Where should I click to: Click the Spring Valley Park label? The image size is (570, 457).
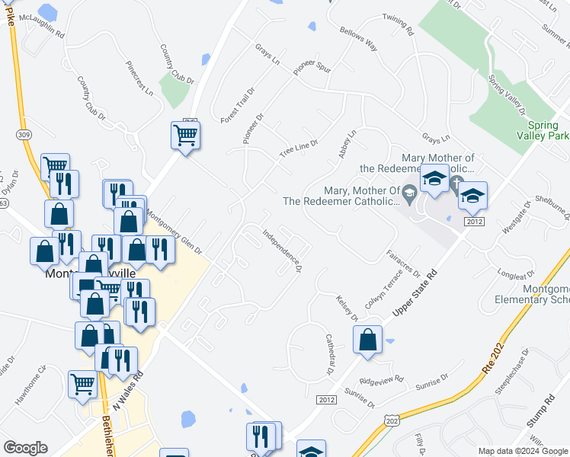coord(547,130)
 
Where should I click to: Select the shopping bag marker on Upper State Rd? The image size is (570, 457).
coord(368,341)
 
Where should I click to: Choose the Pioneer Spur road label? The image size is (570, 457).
coord(312,66)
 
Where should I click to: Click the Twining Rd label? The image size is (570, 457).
coord(398,27)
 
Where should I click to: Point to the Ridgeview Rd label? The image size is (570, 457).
coord(380,379)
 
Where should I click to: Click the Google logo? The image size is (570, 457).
coord(26,448)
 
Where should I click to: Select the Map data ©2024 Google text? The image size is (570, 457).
coord(523,451)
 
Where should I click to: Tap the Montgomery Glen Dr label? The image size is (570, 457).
coord(174,232)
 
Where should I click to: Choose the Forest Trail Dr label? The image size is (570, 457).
coord(237,105)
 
